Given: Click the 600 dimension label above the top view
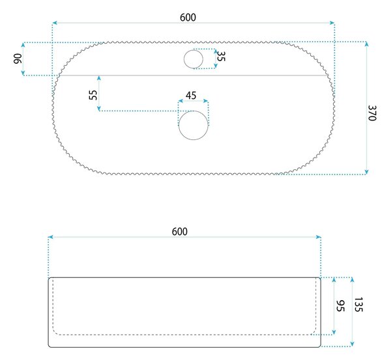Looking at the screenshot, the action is pyautogui.click(x=188, y=18).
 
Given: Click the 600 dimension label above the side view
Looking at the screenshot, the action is pyautogui.click(x=180, y=232).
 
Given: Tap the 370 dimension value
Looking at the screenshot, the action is pyautogui.click(x=372, y=113).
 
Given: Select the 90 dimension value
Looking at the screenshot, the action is pyautogui.click(x=18, y=59).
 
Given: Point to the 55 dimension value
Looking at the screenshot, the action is pyautogui.click(x=93, y=95).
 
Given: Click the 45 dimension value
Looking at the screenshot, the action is pyautogui.click(x=191, y=96).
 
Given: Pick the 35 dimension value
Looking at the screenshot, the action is pyautogui.click(x=221, y=56).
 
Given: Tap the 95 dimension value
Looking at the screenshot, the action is pyautogui.click(x=340, y=306).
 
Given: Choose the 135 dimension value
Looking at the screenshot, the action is pyautogui.click(x=358, y=305).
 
